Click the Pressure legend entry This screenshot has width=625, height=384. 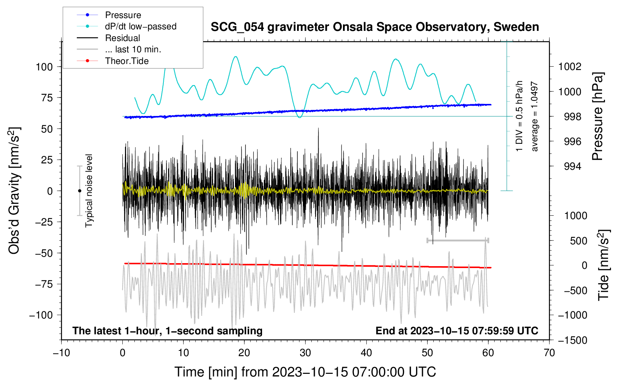point(109,15)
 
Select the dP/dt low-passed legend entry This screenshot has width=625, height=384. point(127,26)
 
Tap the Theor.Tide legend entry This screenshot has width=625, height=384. point(113,61)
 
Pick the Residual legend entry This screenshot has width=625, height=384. point(108,38)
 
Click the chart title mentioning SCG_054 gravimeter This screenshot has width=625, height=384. point(375,27)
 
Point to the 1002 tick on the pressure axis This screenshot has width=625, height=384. point(570,67)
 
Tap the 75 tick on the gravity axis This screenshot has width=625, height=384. point(47,98)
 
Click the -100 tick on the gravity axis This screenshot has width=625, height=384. point(41,315)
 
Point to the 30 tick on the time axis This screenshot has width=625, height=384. point(305,353)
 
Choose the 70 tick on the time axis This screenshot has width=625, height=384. point(549,353)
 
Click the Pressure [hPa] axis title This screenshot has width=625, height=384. point(598,116)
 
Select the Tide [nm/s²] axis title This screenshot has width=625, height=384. point(604,265)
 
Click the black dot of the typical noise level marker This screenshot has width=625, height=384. point(79,191)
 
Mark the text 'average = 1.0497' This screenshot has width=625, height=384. point(534,116)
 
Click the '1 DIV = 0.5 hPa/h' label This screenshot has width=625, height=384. point(519,116)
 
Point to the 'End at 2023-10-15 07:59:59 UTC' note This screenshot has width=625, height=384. point(457,331)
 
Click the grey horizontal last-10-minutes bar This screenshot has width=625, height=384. point(457,241)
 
